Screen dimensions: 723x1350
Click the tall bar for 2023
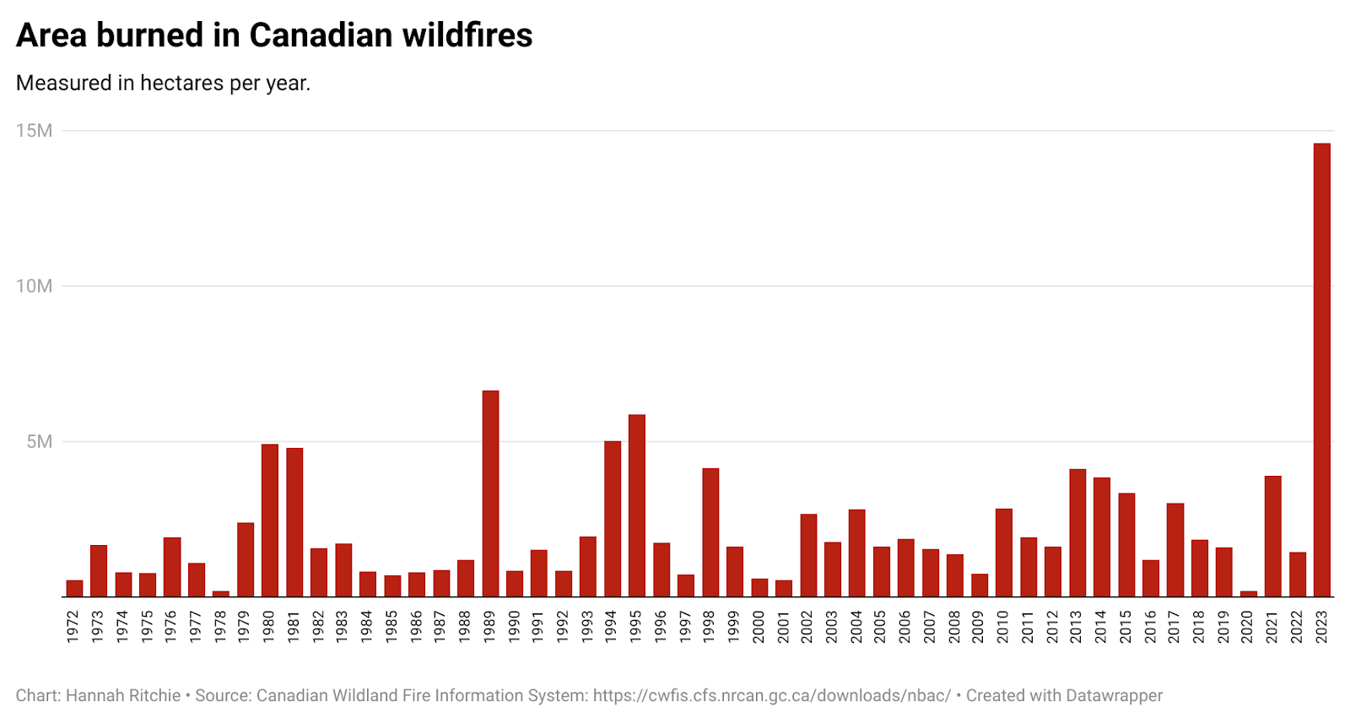click(1321, 371)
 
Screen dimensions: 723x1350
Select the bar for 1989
click(490, 494)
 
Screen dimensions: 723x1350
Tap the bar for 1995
click(637, 506)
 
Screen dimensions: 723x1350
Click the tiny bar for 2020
click(1248, 594)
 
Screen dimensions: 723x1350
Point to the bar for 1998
click(710, 532)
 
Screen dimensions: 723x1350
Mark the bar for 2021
click(1272, 537)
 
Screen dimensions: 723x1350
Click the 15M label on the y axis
click(34, 131)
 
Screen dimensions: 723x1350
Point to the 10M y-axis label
click(34, 286)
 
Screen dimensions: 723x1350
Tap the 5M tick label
click(39, 442)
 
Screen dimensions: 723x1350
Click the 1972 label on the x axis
click(73, 627)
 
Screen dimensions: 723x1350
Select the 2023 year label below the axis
click(1321, 627)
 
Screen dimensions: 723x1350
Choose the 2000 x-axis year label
click(759, 627)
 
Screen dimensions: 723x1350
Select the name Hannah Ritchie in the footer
click(123, 696)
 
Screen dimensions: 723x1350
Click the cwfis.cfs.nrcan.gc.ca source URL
click(771, 696)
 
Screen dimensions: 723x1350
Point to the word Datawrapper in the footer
click(1114, 696)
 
